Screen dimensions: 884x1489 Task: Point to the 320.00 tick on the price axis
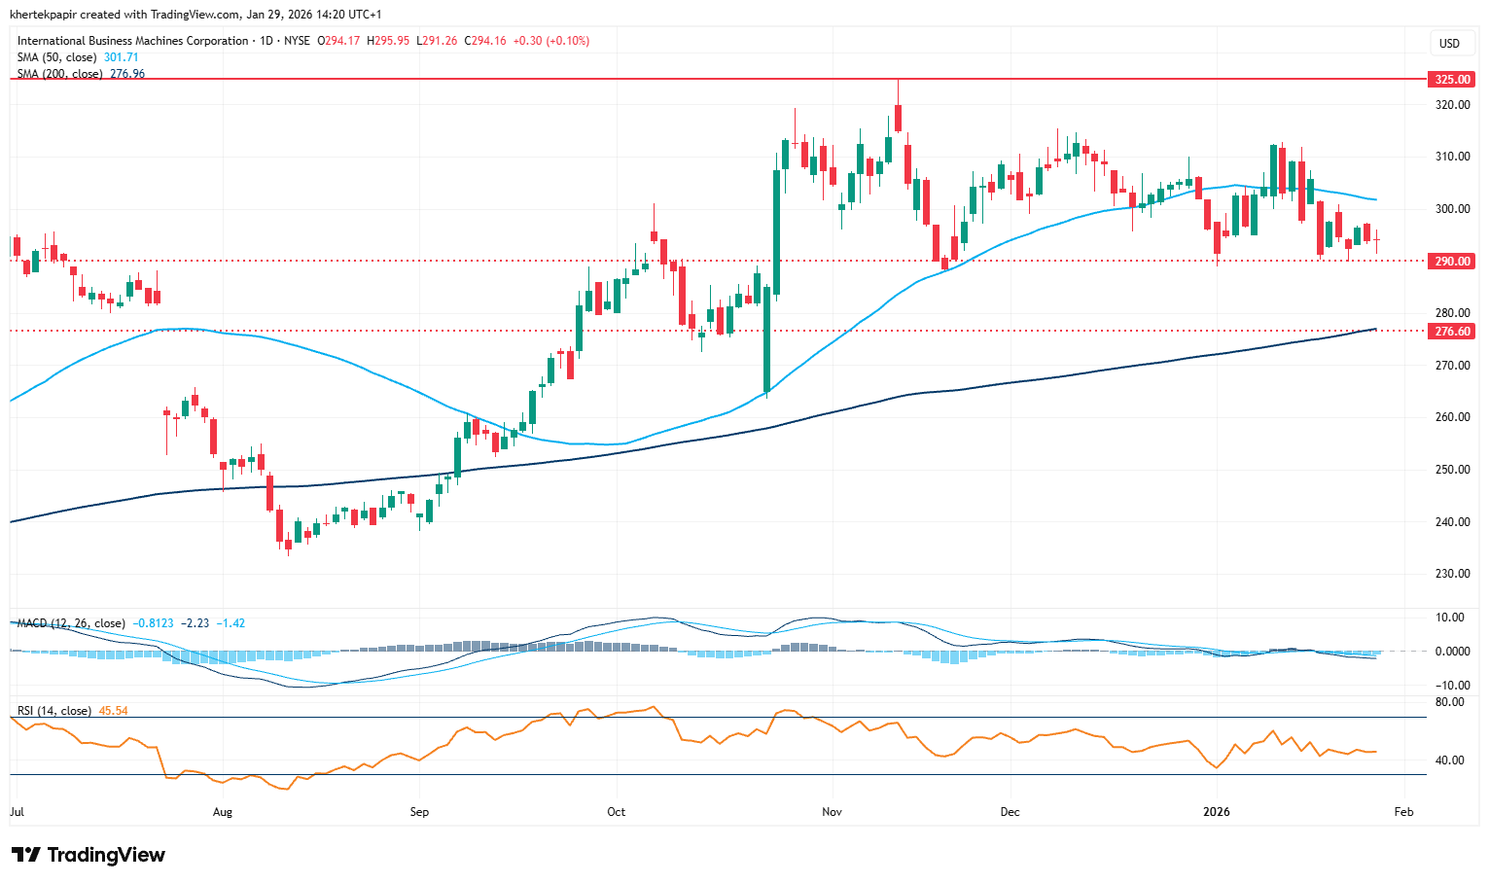(1452, 105)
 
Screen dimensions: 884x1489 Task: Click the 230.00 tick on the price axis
(1452, 574)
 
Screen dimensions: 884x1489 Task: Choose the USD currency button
(1449, 43)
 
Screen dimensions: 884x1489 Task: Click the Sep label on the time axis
(419, 811)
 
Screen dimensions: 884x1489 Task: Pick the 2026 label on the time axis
(1217, 811)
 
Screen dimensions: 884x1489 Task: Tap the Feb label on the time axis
(1402, 811)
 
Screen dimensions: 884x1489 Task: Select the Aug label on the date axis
(223, 811)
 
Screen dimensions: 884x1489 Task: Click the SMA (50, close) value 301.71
(122, 57)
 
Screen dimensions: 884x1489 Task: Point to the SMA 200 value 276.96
(127, 74)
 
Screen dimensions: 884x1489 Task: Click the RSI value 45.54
(114, 711)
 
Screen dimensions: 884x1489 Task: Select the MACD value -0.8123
(154, 623)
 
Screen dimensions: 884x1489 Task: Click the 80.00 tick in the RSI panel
(1449, 702)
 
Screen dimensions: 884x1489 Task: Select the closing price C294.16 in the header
(485, 41)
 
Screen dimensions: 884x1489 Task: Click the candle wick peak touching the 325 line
(898, 82)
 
